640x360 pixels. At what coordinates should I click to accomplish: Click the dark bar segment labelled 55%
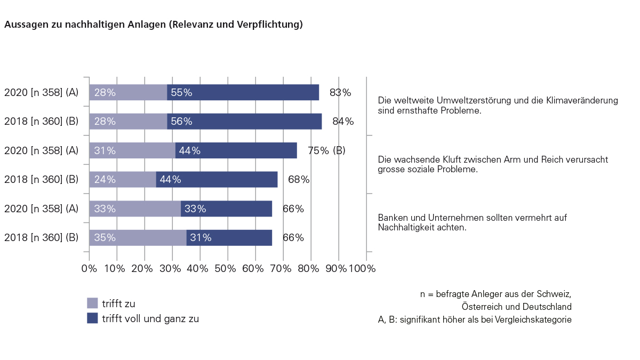(243, 92)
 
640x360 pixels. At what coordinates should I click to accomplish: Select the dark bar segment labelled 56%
(244, 121)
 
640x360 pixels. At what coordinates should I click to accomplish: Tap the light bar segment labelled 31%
(132, 150)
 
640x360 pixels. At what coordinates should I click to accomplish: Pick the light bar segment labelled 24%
(123, 180)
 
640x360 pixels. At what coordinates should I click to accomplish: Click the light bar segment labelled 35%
(138, 237)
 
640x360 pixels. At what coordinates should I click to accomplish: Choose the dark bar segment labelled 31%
(229, 237)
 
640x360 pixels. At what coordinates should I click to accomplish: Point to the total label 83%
(340, 92)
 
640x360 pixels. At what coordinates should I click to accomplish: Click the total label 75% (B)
(326, 150)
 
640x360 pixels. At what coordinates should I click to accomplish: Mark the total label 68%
(299, 180)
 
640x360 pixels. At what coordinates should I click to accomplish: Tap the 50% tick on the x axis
(228, 268)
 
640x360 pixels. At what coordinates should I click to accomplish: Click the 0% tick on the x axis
(89, 268)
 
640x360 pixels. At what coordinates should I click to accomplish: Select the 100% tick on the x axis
(362, 268)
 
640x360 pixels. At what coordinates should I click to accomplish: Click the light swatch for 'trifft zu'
(92, 303)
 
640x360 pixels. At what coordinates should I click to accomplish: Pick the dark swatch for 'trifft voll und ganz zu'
(92, 318)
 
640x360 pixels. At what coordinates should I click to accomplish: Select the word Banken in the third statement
(392, 218)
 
